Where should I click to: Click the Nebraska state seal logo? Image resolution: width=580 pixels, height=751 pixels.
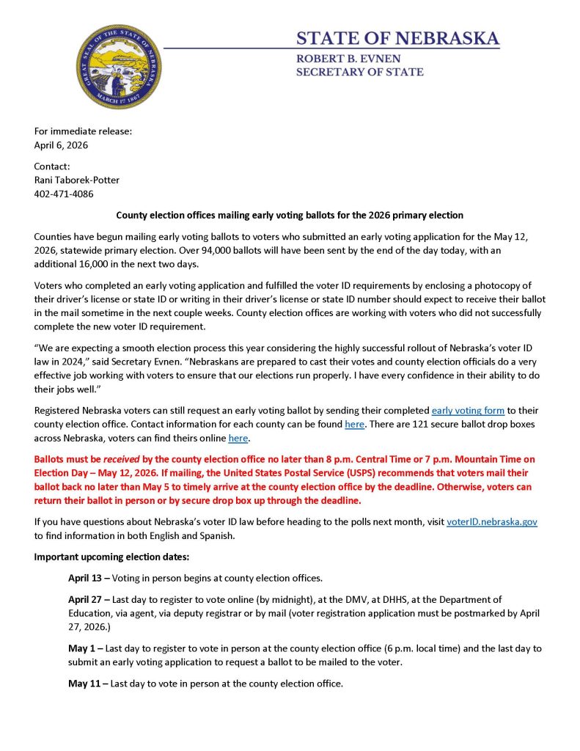[119, 67]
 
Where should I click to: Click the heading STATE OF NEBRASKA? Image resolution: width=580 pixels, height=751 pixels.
[397, 38]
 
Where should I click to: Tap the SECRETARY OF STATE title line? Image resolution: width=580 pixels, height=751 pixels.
[359, 72]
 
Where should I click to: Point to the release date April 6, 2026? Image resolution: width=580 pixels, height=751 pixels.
[61, 145]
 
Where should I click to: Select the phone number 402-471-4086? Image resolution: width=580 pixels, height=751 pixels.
[64, 194]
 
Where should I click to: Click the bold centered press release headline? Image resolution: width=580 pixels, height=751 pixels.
[290, 215]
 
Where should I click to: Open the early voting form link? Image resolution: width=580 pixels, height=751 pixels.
[468, 411]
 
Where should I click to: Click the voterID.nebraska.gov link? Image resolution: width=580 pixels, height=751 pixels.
[492, 521]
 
